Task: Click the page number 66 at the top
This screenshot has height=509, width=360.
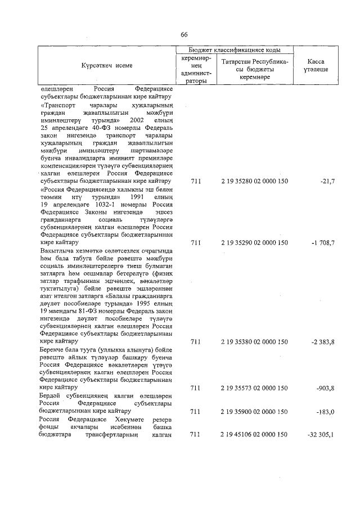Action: pos(183,35)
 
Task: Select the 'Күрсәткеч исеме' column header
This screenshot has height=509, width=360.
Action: pos(107,66)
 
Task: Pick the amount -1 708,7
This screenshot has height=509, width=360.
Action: pos(323,243)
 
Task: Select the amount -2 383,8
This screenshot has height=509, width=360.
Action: pos(323,341)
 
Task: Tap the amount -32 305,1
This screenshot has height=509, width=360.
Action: pos(321,435)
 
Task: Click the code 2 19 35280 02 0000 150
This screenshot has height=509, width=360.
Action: pos(254,181)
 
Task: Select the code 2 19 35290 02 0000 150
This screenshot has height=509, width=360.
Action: pos(254,243)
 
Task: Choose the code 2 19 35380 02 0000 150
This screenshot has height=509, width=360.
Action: pos(254,341)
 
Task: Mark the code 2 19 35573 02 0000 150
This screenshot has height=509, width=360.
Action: pos(254,388)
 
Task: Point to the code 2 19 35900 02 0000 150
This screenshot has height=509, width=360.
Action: pos(254,412)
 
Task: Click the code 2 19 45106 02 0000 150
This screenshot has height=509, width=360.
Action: pos(254,435)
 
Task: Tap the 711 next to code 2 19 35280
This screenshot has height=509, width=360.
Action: pos(195,181)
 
